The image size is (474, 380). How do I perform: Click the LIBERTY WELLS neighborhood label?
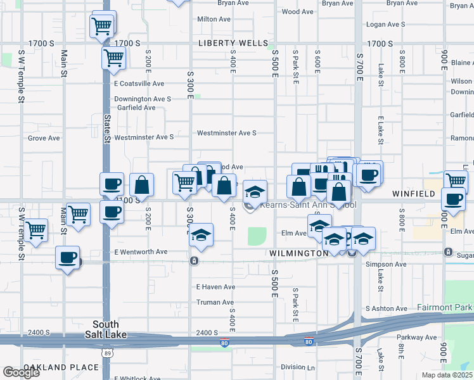pyautogui.click(x=233, y=44)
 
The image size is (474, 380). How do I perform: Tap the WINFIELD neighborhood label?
pyautogui.click(x=415, y=193)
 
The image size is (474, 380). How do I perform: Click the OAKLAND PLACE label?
pyautogui.click(x=61, y=367)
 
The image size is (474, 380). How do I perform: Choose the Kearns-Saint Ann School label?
pyautogui.click(x=300, y=205)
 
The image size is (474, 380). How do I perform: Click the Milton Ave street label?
pyautogui.click(x=214, y=19)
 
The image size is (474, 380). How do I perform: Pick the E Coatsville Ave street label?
pyautogui.click(x=139, y=84)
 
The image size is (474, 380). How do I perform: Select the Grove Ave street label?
pyautogui.click(x=44, y=138)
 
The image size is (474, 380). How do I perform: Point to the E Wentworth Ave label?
pyautogui.click(x=141, y=252)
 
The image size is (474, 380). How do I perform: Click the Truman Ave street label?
pyautogui.click(x=215, y=302)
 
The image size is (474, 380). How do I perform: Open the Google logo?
pyautogui.click(x=21, y=372)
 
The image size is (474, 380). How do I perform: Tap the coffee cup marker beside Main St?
pyautogui.click(x=67, y=258)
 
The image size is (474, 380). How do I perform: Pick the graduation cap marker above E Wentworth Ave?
pyautogui.click(x=201, y=236)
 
